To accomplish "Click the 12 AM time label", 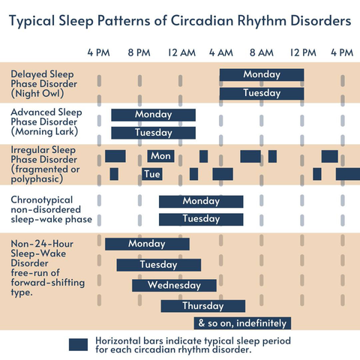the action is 181,52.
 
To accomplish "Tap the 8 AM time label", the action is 262,52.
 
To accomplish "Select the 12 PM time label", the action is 303,52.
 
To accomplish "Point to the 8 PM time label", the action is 139,52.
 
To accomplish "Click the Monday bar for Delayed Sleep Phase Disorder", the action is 262,75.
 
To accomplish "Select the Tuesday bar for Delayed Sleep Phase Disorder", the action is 262,94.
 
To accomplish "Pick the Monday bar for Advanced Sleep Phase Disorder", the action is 154,115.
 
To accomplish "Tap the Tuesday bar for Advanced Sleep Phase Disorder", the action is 154,133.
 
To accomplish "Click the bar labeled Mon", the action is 160,156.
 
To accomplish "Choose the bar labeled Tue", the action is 152,174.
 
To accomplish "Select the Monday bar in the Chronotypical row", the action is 201,202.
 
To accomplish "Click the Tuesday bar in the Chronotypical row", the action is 201,220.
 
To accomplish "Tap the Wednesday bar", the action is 174,286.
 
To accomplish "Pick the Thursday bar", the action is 203,306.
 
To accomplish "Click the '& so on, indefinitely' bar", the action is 242,323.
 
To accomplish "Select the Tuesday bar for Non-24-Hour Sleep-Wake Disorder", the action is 159,265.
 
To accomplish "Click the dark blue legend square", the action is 78,345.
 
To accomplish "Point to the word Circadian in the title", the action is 202,20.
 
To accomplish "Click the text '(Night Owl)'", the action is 37,94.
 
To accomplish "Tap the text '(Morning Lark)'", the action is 44,131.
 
